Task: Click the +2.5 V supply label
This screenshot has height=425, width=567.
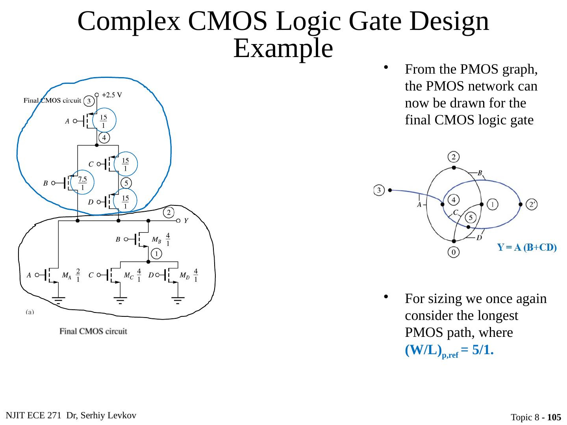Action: (112, 95)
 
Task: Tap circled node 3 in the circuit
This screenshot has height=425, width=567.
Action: (89, 102)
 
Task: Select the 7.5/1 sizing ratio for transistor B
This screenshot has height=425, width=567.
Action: (82, 183)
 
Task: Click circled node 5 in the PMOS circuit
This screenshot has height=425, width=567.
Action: (126, 183)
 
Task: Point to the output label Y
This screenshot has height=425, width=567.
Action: (186, 221)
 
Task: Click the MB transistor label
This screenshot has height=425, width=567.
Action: (156, 239)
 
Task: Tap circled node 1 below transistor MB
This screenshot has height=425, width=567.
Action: (156, 253)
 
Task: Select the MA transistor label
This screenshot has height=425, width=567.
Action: (67, 276)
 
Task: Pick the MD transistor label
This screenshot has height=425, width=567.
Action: (184, 276)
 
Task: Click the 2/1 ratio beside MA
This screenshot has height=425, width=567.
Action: (78, 275)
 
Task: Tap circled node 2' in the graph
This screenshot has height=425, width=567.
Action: (532, 204)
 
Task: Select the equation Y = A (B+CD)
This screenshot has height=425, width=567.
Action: (526, 248)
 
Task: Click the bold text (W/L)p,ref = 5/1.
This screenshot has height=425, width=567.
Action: (449, 350)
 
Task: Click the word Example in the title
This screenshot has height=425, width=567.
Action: (283, 49)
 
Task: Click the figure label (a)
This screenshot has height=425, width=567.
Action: (30, 312)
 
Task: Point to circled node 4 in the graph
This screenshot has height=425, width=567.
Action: (454, 200)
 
